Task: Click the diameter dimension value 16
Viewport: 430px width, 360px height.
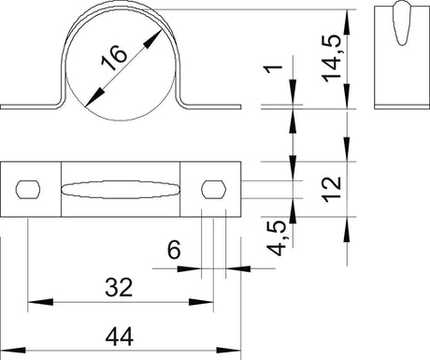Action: coord(114,58)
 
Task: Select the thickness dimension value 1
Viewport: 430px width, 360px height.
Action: coord(273,69)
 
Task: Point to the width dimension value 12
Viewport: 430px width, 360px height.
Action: coord(332,189)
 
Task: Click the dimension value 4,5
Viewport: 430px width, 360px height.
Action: coord(277,238)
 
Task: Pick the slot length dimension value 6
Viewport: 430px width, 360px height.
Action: coord(174,250)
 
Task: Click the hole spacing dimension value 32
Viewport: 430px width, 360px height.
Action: coord(119,287)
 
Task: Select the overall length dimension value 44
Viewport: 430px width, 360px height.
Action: coord(120,337)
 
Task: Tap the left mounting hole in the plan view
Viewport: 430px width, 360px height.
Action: coord(28,189)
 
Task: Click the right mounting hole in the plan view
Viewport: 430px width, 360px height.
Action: coord(214,189)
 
